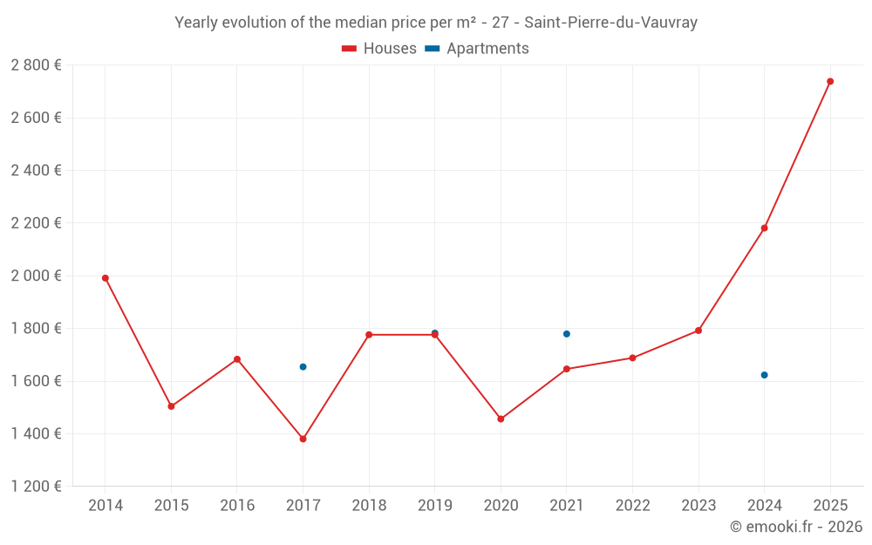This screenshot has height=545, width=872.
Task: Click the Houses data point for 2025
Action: [830, 81]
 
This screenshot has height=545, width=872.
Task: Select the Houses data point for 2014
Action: [106, 278]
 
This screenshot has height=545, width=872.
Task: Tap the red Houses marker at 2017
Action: [303, 439]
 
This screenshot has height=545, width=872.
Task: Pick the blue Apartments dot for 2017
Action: [303, 367]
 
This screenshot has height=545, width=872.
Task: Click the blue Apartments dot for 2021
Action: [567, 334]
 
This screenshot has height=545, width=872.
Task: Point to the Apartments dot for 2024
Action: [764, 375]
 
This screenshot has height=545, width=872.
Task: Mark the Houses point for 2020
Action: [501, 419]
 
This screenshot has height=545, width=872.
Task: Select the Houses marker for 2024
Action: [764, 228]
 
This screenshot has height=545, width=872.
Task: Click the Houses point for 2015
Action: [171, 406]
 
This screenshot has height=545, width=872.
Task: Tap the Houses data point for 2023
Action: [698, 330]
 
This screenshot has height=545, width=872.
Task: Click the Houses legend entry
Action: [379, 49]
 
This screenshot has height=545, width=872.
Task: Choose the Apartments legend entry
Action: [477, 49]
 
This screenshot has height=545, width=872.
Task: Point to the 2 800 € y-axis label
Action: [36, 65]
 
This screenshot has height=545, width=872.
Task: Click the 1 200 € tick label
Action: [36, 487]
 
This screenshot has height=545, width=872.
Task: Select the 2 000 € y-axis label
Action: [36, 276]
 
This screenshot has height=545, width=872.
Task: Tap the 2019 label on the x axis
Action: [434, 506]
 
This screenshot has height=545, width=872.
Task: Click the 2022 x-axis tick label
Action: [632, 506]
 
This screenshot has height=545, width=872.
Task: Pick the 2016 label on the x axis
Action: [237, 506]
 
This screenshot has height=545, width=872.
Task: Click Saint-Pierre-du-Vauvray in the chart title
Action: [610, 23]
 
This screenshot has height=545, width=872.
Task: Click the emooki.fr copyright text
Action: [795, 527]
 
